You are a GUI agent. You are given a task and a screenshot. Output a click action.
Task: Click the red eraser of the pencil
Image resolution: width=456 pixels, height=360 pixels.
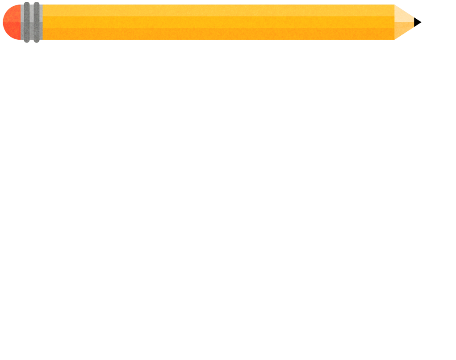12,22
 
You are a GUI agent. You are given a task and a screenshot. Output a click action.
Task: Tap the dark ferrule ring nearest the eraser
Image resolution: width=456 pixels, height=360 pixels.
27,22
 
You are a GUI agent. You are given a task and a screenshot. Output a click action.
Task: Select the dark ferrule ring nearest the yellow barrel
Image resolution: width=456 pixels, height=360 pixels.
37,22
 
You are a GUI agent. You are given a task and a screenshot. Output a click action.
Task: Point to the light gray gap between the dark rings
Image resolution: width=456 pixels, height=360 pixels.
32,22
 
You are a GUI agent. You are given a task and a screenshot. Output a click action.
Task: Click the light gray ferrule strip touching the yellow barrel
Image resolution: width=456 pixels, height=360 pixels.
41,22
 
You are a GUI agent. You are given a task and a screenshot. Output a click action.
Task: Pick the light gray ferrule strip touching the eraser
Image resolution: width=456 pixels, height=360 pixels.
22,22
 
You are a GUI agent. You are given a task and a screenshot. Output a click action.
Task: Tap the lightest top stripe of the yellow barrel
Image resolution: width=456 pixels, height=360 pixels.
214,10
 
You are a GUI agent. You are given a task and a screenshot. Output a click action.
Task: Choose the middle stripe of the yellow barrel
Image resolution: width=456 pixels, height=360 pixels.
214,22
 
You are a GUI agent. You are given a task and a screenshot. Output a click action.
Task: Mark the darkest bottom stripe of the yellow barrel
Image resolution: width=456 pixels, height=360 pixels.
214,34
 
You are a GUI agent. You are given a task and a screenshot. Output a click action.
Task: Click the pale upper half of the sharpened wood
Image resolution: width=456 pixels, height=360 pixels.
403,16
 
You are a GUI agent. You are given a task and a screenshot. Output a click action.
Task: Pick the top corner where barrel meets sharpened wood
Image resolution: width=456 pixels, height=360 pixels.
394,5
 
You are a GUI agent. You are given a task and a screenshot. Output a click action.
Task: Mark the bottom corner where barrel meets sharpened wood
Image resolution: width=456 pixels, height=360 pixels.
394,39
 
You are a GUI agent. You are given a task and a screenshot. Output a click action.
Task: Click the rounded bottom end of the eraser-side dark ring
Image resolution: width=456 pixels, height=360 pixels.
27,41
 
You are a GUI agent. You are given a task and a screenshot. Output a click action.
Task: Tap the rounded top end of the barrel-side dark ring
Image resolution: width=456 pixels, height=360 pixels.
37,4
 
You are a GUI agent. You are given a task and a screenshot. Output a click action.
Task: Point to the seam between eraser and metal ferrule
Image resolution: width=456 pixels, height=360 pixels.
21,22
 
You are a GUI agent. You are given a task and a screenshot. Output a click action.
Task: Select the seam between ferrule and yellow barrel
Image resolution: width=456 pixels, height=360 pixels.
43,22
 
